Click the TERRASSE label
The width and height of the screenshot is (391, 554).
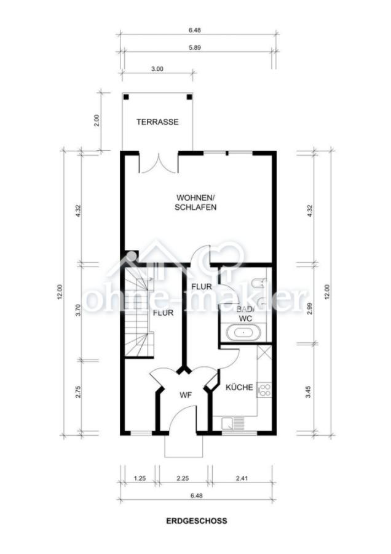tap(157, 122)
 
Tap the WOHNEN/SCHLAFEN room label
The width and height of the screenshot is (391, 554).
tap(195, 202)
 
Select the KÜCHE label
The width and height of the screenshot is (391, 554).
tap(239, 387)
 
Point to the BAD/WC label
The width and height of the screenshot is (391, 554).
tap(245, 314)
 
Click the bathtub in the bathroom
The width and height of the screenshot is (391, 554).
tap(243, 332)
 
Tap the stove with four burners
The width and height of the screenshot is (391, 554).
tap(264, 389)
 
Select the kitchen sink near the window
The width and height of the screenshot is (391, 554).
tap(233, 423)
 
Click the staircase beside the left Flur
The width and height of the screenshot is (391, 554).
tap(139, 312)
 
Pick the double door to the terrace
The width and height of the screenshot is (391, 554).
tap(159, 163)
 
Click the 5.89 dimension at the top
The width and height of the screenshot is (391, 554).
tap(195, 47)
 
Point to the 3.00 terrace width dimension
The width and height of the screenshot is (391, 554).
tap(157, 69)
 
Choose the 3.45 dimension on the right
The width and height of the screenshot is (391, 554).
tap(309, 392)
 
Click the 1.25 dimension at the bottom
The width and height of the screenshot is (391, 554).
tap(140, 478)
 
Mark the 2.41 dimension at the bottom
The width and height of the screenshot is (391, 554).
tap(242, 478)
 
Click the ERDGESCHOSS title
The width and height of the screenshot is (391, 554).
tap(197, 521)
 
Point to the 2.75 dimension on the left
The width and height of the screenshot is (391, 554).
tap(78, 392)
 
